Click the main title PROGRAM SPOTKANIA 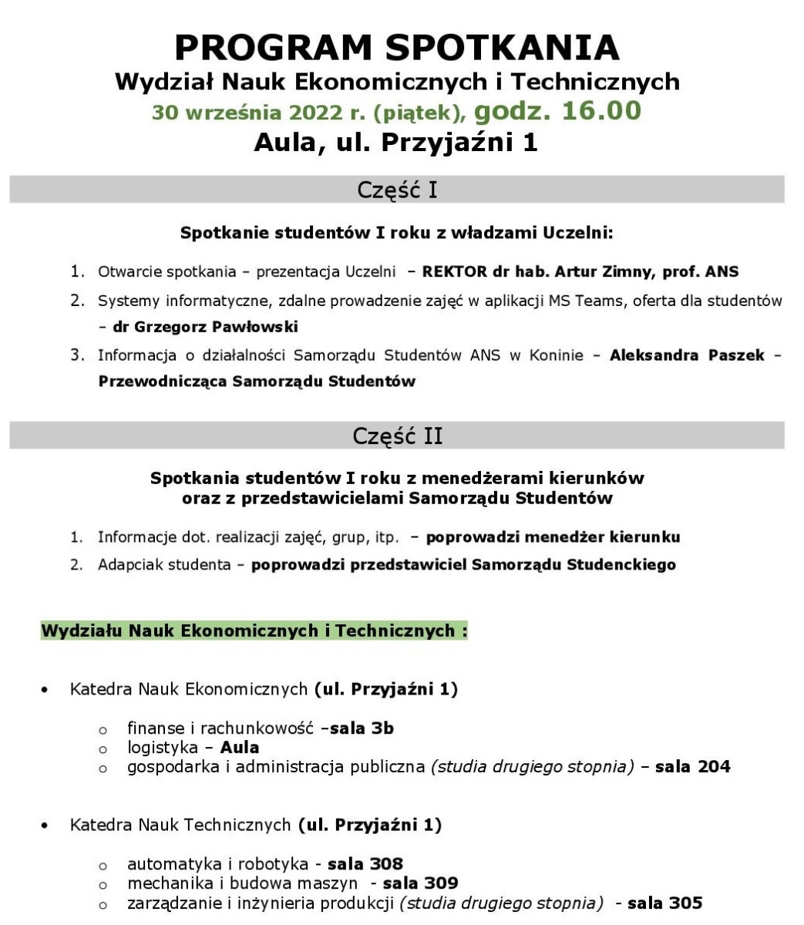(x=396, y=48)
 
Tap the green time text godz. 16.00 (x=557, y=111)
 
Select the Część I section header (x=397, y=190)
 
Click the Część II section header (x=397, y=436)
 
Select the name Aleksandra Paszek (x=687, y=355)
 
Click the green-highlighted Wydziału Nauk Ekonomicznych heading (x=254, y=631)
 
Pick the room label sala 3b (x=362, y=728)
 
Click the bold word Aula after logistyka (x=240, y=747)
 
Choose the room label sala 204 (x=692, y=766)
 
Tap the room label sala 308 (x=365, y=863)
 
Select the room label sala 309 (x=420, y=883)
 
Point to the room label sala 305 (x=664, y=903)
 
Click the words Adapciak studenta (x=164, y=564)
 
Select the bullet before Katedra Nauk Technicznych (x=45, y=826)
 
